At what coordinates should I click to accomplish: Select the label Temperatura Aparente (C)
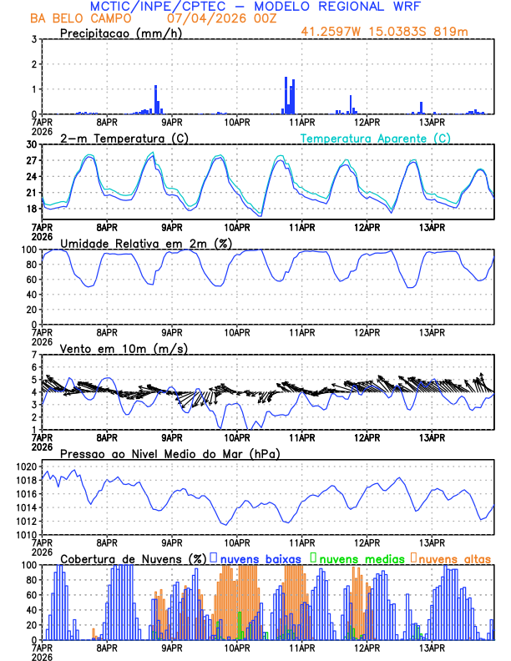(x=375, y=138)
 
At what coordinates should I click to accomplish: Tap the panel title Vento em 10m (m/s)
(x=124, y=348)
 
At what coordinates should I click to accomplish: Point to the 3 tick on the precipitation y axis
(x=33, y=39)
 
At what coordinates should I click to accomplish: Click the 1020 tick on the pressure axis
(x=27, y=467)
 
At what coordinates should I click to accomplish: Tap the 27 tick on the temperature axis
(x=30, y=160)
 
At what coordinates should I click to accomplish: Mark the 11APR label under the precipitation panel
(x=301, y=122)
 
